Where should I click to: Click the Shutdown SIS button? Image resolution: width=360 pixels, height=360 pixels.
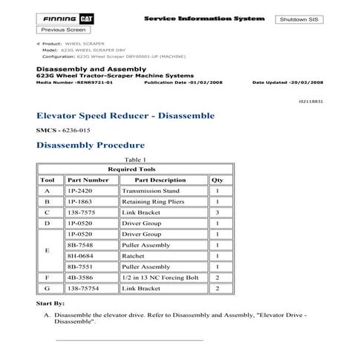[299, 19]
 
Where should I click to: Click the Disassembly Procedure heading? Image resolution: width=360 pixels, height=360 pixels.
[90, 145]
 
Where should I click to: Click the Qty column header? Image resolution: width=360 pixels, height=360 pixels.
[217, 180]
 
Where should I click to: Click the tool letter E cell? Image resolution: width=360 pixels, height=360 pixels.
[48, 250]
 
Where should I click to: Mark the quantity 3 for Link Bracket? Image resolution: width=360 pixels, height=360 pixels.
[217, 212]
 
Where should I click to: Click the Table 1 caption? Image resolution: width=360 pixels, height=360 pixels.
[135, 160]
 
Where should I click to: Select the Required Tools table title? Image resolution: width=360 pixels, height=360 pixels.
[135, 169]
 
